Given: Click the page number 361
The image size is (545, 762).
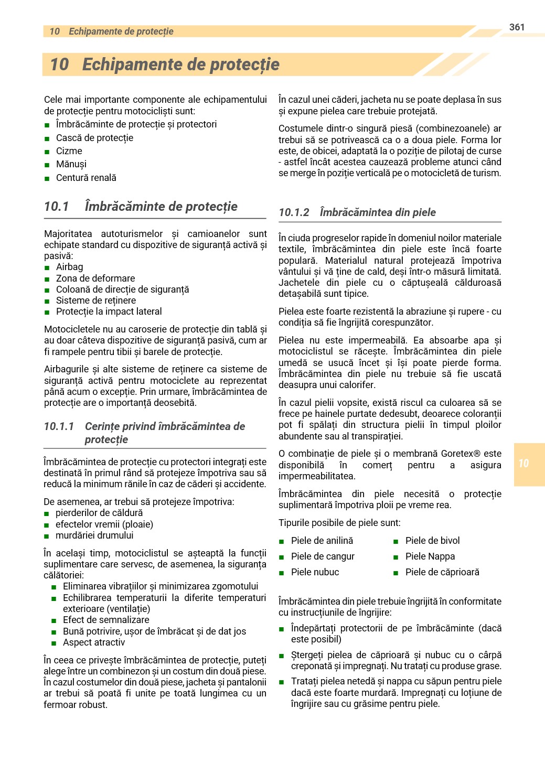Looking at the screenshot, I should click(x=517, y=27).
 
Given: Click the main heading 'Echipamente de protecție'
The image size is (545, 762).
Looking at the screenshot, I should click(x=180, y=65).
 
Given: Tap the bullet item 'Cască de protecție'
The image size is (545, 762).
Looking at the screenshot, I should click(x=94, y=138).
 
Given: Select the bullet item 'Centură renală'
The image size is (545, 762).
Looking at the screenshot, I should click(x=86, y=178).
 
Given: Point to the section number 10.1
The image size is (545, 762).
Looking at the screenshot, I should click(x=57, y=207).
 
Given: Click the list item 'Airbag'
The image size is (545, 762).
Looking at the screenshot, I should click(x=69, y=267).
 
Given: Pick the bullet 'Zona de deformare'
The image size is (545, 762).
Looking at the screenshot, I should click(x=95, y=278).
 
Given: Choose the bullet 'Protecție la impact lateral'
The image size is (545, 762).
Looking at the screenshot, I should click(x=109, y=312).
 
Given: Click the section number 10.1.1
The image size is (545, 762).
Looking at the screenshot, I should click(x=59, y=426).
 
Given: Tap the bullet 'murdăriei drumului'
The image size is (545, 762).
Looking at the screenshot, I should click(x=94, y=535).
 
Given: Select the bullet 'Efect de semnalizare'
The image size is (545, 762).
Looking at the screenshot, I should click(x=106, y=620).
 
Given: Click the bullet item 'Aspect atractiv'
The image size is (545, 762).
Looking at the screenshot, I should click(x=94, y=642).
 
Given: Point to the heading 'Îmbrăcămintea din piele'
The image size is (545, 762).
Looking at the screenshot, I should click(x=378, y=212).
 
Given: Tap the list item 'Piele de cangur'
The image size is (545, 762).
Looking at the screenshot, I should click(x=323, y=556).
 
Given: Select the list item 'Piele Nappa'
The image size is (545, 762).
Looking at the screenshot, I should click(x=430, y=556).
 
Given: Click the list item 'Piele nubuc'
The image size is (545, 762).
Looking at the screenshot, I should click(x=315, y=572).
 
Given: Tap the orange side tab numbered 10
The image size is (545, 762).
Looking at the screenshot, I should click(x=529, y=464).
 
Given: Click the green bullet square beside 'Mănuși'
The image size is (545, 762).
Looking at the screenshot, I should click(x=47, y=165).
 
